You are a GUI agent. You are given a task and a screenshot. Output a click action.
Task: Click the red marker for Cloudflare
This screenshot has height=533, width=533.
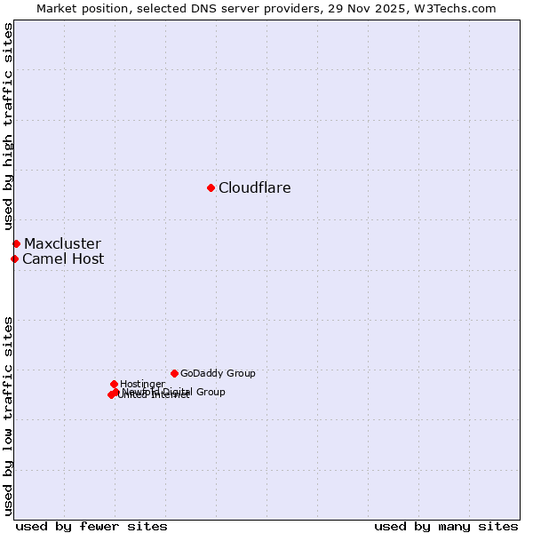coord(211,187)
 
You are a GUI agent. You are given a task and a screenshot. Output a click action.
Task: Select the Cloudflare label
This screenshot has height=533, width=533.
coord(254,187)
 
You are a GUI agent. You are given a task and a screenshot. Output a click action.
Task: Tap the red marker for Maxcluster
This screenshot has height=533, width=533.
coord(16,243)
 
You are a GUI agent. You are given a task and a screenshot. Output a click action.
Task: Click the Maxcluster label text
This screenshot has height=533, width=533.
coord(62,243)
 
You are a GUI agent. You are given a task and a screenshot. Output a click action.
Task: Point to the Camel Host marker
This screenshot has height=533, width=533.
coord(14,259)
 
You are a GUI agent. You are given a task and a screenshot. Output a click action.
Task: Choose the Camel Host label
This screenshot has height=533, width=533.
coord(63,259)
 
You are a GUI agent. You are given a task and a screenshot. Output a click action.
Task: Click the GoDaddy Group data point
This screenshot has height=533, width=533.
coord(174,373)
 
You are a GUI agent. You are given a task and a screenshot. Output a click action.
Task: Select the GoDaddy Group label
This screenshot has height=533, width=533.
coord(218,373)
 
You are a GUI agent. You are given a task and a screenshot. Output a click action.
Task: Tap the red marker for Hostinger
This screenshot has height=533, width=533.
coord(114,384)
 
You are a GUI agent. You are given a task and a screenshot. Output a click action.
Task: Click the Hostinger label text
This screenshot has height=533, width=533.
coord(142,384)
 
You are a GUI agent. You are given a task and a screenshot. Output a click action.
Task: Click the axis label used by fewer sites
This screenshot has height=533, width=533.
coord(91,526)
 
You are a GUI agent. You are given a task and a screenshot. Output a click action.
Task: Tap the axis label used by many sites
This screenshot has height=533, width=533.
coord(446,526)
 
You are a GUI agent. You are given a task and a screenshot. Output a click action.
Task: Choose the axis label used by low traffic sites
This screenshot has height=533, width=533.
coord(9,415)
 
